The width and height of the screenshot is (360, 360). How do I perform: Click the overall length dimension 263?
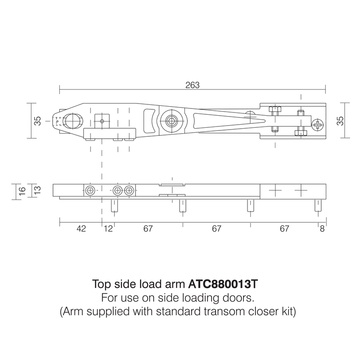pos(192,84)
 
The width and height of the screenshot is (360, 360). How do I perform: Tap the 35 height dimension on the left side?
pos(37,121)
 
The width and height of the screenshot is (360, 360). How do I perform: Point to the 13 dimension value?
pos(37,190)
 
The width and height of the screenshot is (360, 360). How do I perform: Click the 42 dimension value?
pos(81,229)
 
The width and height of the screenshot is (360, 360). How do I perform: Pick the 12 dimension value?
pos(108,229)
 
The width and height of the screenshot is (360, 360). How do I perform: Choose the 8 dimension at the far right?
pos(322,229)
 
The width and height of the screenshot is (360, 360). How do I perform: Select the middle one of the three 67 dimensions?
pos(216,229)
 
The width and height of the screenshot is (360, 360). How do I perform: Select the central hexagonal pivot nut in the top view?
pos(171,121)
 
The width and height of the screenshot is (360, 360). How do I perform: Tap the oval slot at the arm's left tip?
pos(72,121)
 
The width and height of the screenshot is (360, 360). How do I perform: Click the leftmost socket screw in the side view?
pos(91,190)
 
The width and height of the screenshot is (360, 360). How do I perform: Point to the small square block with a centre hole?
pos(102,121)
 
